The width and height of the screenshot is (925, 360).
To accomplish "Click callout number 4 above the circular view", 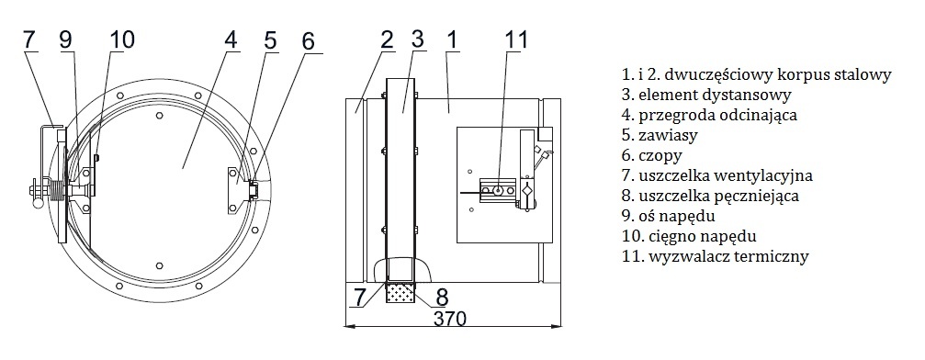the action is pyautogui.click(x=231, y=40).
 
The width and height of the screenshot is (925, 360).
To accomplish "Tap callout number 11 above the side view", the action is pyautogui.click(x=516, y=40).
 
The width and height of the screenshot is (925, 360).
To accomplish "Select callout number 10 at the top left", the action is pyautogui.click(x=121, y=40).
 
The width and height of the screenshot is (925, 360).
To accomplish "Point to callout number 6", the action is pyautogui.click(x=308, y=41).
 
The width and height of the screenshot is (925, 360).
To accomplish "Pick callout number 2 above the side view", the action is pyautogui.click(x=387, y=40).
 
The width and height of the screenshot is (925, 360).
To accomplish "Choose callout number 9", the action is pyautogui.click(x=65, y=40).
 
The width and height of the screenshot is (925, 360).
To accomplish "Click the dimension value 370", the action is pyautogui.click(x=450, y=318).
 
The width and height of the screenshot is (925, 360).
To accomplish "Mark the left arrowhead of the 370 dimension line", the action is pyautogui.click(x=349, y=325).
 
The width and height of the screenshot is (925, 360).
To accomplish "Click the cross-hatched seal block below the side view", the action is pyautogui.click(x=400, y=291).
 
